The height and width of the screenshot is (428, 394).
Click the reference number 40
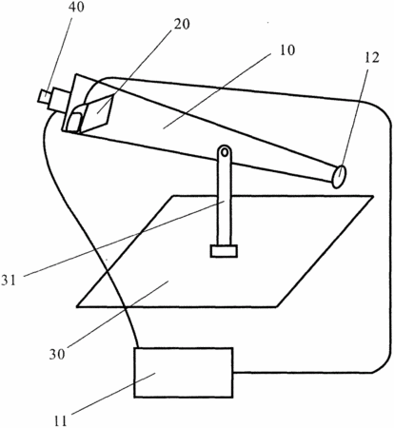76,7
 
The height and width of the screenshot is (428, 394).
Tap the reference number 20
182,25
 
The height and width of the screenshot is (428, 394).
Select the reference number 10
286,50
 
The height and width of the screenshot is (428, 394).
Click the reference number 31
9,281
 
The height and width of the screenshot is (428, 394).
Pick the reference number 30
57,354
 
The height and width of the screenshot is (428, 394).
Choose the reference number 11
60,421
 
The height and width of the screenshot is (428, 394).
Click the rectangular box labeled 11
184,373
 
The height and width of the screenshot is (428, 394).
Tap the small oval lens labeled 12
339,176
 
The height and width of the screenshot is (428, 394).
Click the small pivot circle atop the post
225,152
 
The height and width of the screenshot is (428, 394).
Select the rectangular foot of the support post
224,251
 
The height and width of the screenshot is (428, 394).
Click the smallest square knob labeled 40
44,96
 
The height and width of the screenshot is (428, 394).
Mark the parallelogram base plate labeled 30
225,251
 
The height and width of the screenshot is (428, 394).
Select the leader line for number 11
113,394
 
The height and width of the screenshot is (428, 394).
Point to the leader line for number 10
217,90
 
